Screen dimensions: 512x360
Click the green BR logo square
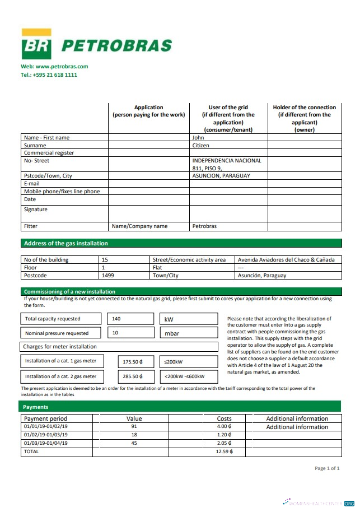(36, 44)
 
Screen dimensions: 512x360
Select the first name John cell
(198, 137)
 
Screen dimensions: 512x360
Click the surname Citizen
(200, 145)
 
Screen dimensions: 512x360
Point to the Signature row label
(36, 210)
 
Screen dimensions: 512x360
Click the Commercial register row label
(49, 153)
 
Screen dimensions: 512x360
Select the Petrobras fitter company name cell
(204, 226)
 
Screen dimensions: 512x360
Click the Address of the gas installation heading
(66, 244)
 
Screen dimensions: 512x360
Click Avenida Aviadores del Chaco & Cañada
(286, 260)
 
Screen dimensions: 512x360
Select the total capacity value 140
(116, 319)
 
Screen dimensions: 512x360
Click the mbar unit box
(189, 333)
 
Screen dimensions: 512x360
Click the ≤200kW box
(189, 362)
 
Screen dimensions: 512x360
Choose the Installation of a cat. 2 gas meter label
(60, 376)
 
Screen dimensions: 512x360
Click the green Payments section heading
(36, 407)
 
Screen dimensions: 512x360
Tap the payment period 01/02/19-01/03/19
(46, 435)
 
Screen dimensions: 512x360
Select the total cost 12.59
(224, 452)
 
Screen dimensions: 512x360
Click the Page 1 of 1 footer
(327, 468)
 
